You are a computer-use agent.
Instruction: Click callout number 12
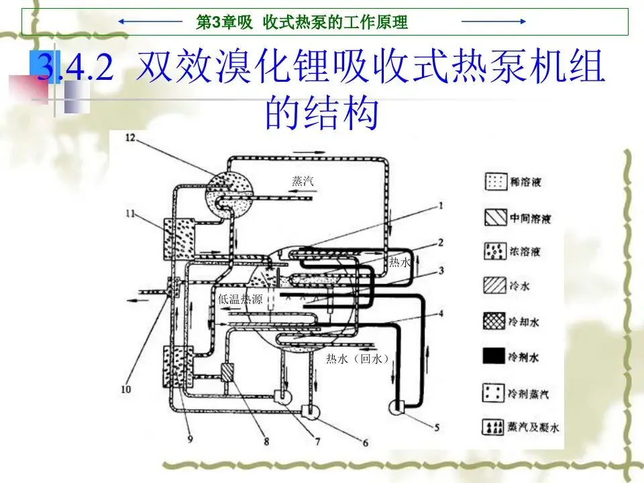coord(129,137)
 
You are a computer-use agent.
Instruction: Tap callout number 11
coord(129,213)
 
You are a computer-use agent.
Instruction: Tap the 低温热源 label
coord(241,299)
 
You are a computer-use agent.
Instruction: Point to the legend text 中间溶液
coord(530,217)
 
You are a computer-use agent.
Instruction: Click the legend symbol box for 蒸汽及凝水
coord(494,427)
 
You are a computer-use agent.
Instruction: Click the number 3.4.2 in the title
coord(75,69)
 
